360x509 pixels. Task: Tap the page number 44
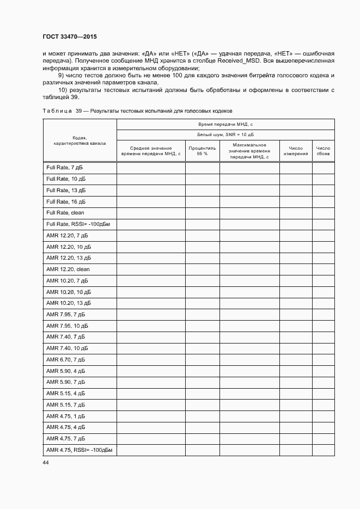point(46,462)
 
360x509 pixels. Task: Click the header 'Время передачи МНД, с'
point(225,125)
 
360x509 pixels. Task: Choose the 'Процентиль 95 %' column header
point(202,151)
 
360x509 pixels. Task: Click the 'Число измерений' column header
point(296,151)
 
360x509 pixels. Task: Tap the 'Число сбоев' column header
point(323,151)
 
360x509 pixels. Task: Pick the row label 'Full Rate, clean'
point(65,213)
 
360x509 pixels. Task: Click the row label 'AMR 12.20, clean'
point(68,269)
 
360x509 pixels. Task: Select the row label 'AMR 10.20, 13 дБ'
point(69,303)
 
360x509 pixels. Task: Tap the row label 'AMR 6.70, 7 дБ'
point(66,360)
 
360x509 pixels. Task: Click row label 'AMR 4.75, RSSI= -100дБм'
point(78,450)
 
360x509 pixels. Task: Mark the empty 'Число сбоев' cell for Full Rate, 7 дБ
point(323,168)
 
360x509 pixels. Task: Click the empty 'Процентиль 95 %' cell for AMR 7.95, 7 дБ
point(202,315)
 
